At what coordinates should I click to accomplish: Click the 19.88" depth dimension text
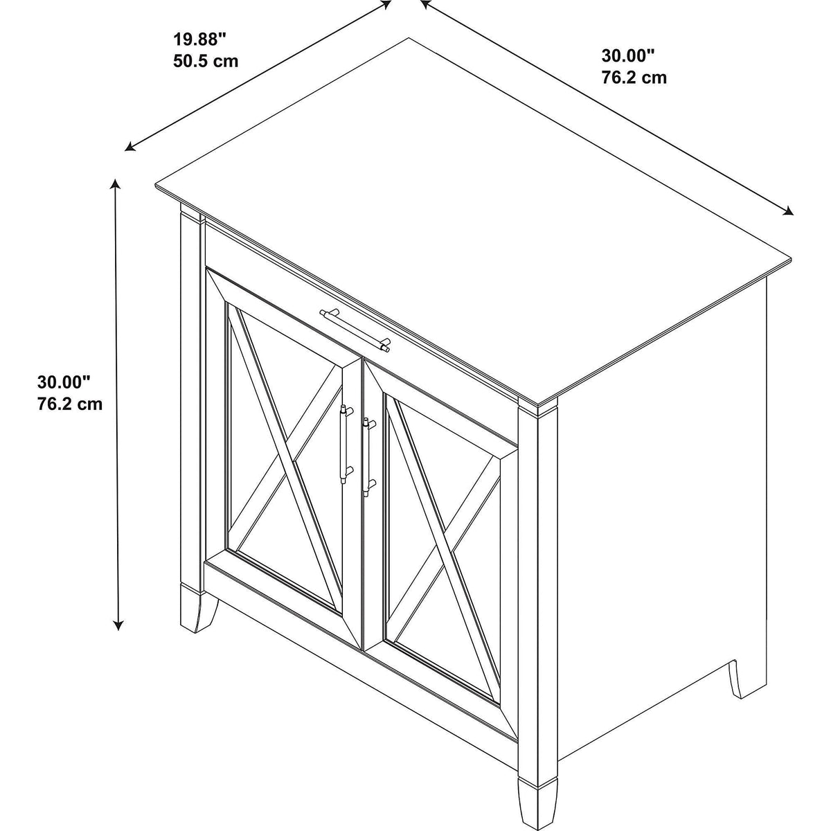(x=199, y=40)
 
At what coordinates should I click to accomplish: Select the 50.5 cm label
(x=206, y=61)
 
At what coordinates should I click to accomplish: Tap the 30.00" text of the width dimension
(x=628, y=56)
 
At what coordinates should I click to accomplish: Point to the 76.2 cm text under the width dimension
(x=634, y=78)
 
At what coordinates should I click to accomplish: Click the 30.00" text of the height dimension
(x=64, y=382)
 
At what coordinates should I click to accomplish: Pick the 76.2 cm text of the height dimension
(x=70, y=404)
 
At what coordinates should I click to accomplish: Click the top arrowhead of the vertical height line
(x=115, y=185)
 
